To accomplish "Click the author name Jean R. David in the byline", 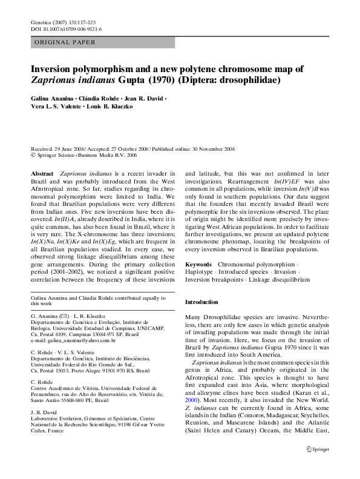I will click(x=144, y=98).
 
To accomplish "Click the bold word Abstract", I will click(x=42, y=173).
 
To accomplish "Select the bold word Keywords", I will click(x=198, y=265).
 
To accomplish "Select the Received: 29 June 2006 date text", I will click(x=59, y=148).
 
